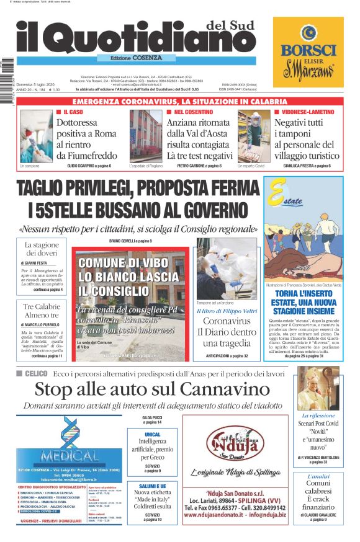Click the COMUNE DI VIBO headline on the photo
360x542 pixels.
click(x=128, y=276)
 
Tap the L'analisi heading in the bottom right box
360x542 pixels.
click(x=318, y=476)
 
